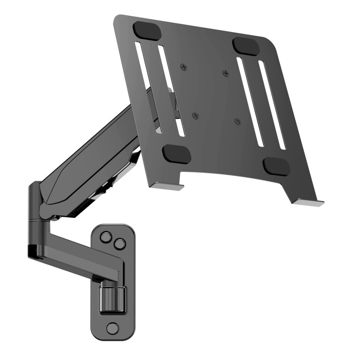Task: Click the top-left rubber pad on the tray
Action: (147, 31)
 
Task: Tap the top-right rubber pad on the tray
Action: (246, 46)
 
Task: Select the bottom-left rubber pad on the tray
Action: (176, 154)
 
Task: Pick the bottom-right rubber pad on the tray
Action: (276, 166)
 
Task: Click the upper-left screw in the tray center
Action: (184, 67)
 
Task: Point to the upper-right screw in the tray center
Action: (226, 74)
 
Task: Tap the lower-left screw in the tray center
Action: (196, 116)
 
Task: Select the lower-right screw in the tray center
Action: (238, 121)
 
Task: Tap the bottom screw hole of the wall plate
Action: (113, 327)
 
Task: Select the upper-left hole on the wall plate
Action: (105, 237)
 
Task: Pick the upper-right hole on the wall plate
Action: (119, 243)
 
